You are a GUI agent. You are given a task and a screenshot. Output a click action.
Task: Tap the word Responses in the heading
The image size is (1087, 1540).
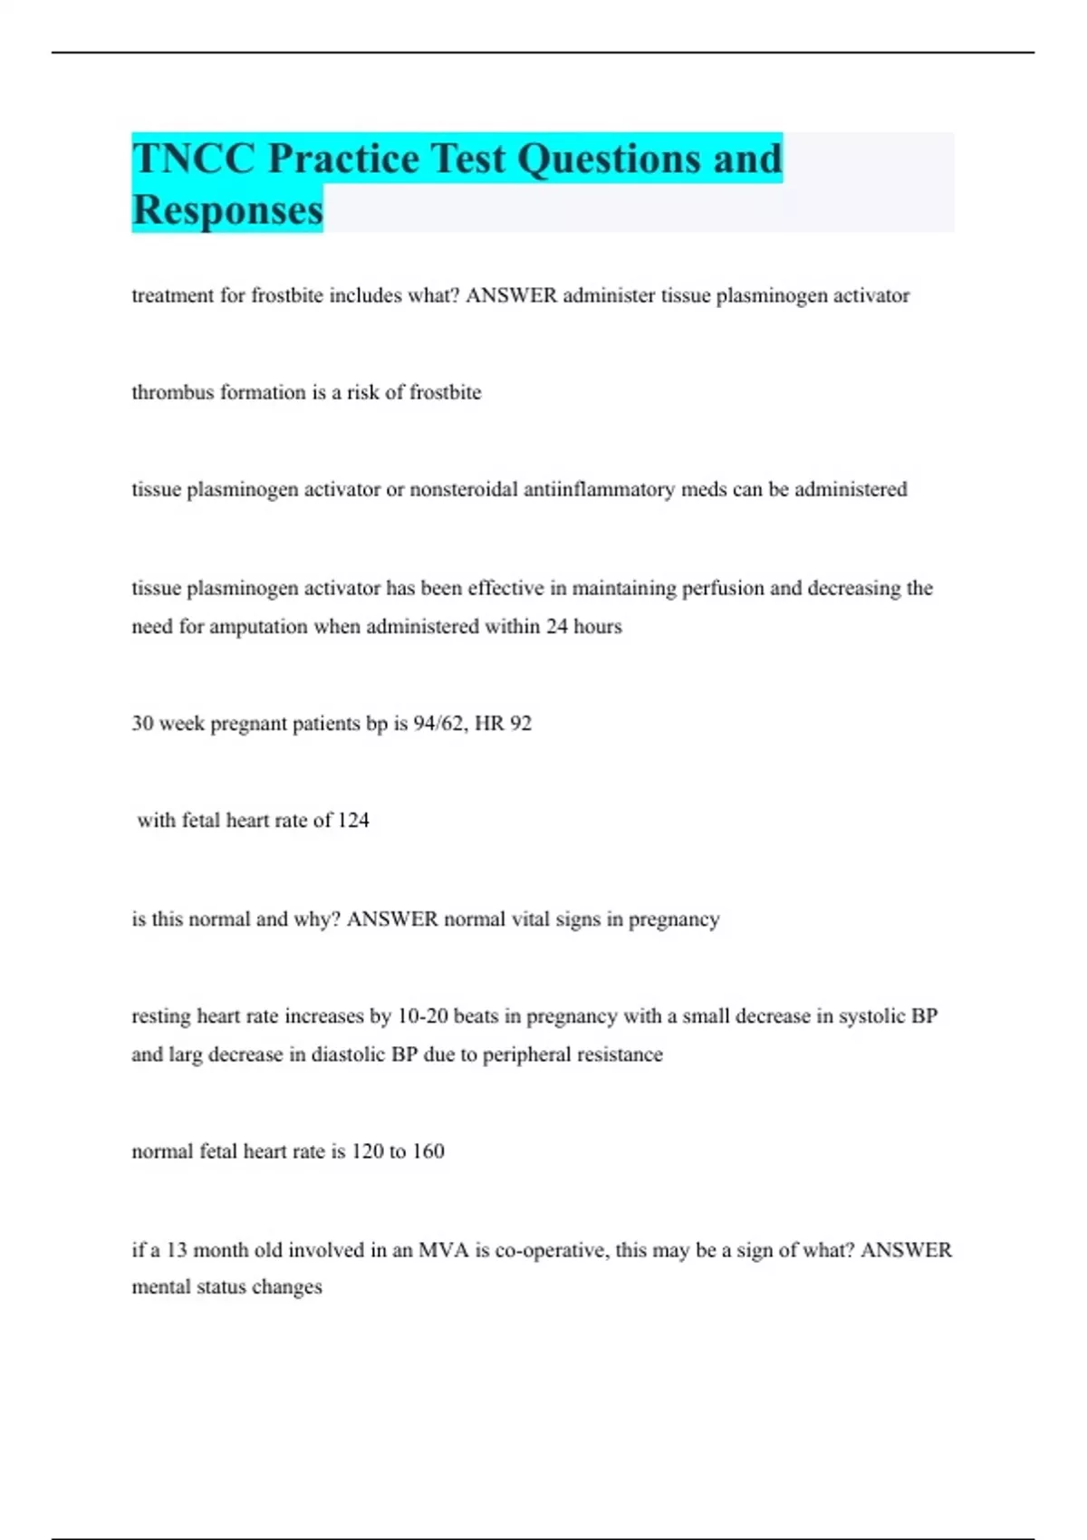(x=227, y=209)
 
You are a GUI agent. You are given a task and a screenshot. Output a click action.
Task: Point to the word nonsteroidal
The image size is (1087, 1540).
(x=463, y=489)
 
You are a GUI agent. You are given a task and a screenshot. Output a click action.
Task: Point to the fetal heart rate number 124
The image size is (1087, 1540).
(x=353, y=821)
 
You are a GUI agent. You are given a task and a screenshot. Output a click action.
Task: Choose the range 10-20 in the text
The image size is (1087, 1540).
(x=423, y=1016)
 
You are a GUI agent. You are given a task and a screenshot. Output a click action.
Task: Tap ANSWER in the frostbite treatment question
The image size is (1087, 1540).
(x=511, y=295)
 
